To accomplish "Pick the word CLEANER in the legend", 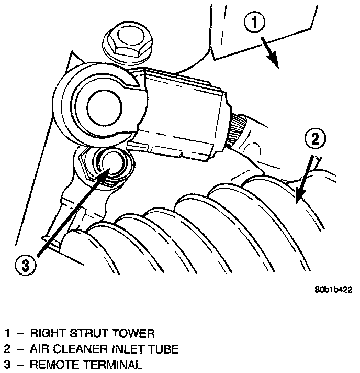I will pos(73,348).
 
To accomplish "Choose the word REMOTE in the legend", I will pos(50,364).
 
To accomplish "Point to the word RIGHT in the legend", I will pos(44,333).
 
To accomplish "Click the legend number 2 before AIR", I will pos(7,348).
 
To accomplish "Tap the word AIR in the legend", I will pos(38,348).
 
